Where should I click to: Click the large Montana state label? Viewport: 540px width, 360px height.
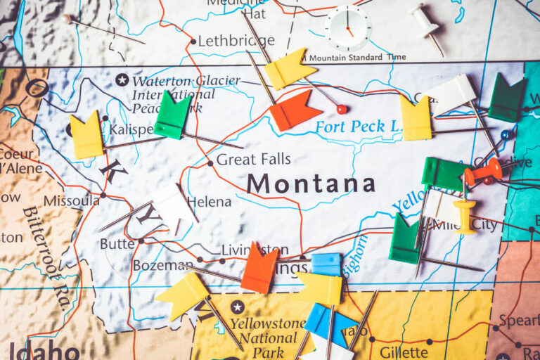pos(310,184)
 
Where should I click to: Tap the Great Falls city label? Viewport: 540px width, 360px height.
pos(252,160)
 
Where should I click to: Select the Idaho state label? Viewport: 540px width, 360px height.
pos(43,350)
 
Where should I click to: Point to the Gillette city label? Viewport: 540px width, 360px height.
pos(403,352)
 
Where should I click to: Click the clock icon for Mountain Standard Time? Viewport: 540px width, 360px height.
pos(347,27)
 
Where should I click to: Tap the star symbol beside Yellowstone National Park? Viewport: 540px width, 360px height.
pos(237,307)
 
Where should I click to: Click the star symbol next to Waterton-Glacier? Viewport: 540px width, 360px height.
pos(122,80)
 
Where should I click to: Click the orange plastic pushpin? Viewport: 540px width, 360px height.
pos(483,172)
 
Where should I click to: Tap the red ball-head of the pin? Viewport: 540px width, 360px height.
pos(341,109)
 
